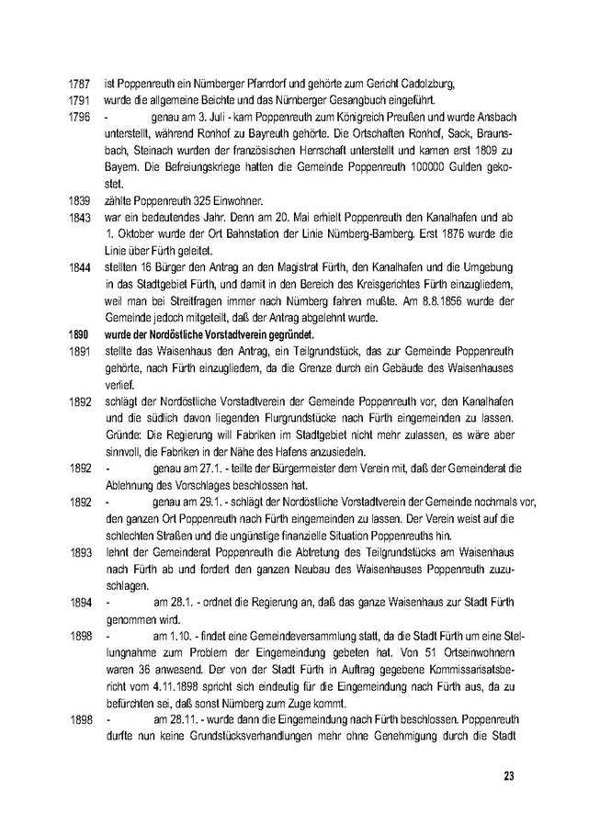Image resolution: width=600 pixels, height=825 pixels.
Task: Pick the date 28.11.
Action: click(171, 719)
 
